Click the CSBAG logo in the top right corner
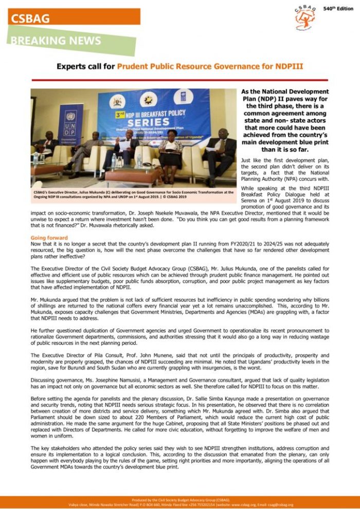pyautogui.click(x=305, y=17)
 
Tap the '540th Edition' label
pyautogui.click(x=338, y=9)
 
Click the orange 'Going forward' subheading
pyautogui.click(x=49, y=238)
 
